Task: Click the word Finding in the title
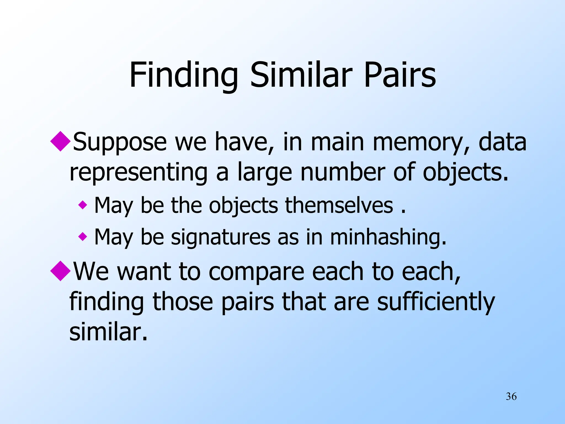(x=183, y=75)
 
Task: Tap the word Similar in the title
(x=301, y=75)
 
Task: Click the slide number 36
(x=511, y=396)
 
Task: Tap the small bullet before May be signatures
(x=82, y=237)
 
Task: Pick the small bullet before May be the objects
(x=82, y=205)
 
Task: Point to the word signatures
(x=221, y=237)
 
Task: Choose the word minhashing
(x=388, y=237)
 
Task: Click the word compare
(x=256, y=272)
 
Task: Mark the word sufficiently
(x=436, y=302)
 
